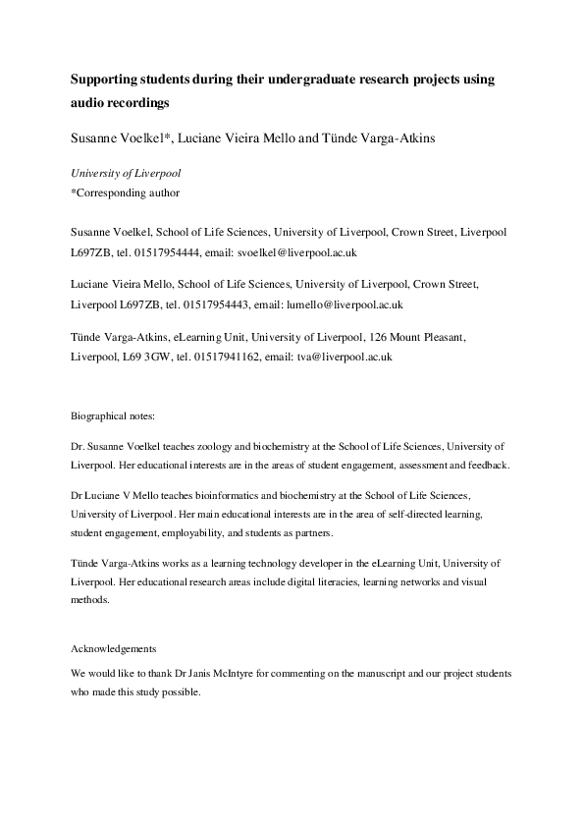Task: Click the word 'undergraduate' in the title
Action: click(302, 78)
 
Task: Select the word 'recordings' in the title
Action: click(137, 102)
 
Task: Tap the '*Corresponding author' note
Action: click(126, 193)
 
